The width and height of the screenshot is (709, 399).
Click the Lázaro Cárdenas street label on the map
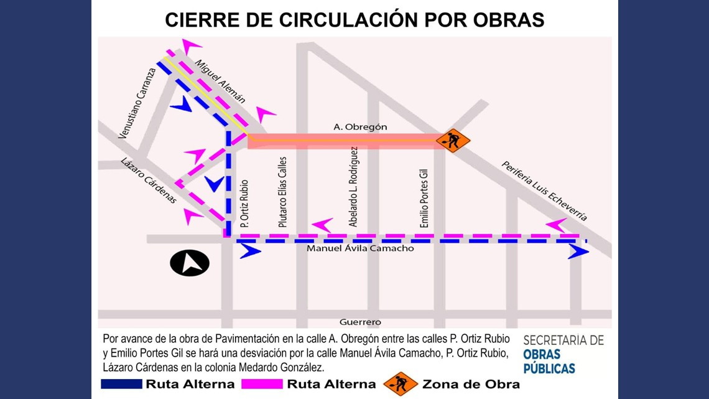point(147,180)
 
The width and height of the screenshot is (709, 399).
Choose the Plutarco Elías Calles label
point(282,191)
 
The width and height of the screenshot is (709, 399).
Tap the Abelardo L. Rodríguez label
point(353,187)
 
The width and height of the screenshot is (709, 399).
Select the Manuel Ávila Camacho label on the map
point(360,248)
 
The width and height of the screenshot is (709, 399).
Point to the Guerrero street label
point(360,322)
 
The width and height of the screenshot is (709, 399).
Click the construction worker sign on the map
point(453,141)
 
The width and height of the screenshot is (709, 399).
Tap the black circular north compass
point(190,263)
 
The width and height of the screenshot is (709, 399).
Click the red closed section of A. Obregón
point(342,141)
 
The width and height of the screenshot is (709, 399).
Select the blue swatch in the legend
point(121,384)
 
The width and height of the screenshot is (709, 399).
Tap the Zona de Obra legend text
point(471,384)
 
